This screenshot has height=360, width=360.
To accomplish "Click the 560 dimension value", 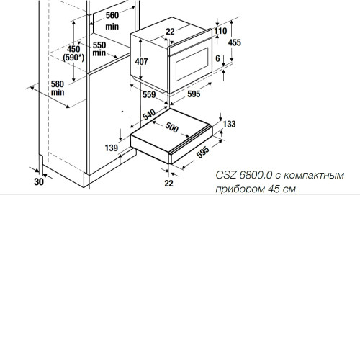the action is click(112, 15).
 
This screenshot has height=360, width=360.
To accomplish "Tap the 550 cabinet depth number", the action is click(99, 45).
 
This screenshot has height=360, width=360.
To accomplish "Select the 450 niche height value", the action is click(73, 49).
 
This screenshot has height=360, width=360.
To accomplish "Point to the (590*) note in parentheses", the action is click(73, 58).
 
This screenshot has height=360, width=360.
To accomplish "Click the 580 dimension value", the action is click(58, 84).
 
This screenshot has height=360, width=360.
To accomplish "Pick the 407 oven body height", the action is click(141, 62).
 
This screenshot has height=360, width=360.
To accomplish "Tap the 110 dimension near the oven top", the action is click(220, 31).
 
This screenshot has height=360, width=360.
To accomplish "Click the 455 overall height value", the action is click(235, 42).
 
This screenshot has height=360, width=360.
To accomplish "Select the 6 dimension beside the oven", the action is click(217, 58).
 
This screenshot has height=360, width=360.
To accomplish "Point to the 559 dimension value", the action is click(149, 94).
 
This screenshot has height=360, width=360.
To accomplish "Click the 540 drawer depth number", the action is click(149, 114).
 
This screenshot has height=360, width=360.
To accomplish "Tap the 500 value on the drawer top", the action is click(171, 127).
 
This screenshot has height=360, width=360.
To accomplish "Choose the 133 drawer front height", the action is click(229, 124).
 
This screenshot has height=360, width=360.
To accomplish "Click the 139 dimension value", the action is click(112, 148).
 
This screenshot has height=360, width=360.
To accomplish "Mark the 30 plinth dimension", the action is click(39, 181).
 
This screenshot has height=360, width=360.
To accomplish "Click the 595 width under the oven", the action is click(194, 94).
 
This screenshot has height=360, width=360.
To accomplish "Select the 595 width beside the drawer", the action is click(203, 152).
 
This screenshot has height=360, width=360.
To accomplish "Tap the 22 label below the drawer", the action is click(168, 183).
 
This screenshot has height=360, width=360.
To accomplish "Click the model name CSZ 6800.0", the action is click(244, 175).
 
